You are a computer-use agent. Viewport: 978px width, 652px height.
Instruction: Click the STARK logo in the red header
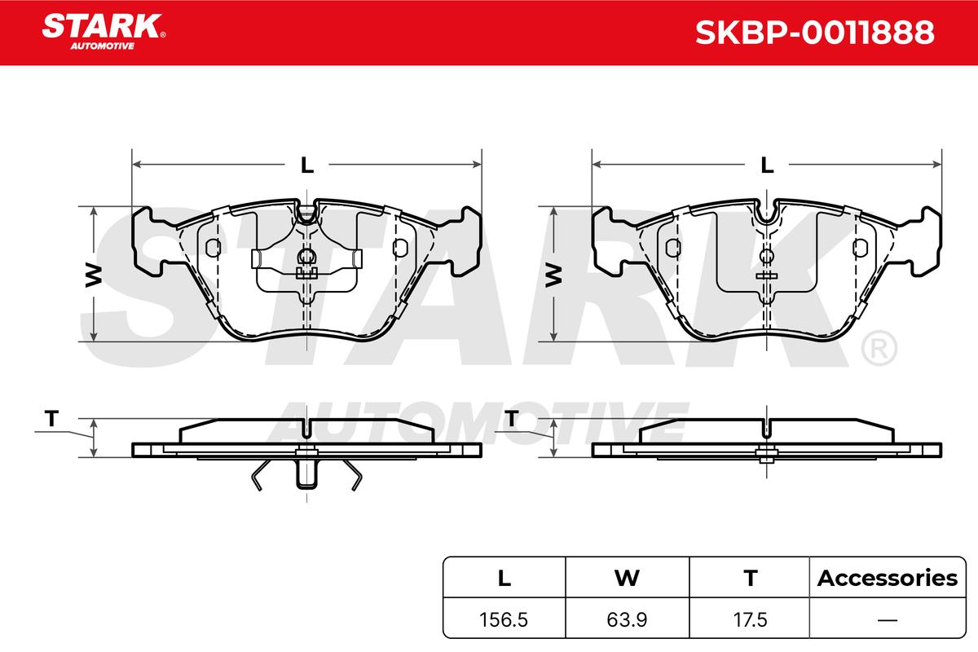pos(103,32)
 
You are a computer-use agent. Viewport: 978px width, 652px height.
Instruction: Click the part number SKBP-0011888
pos(815,33)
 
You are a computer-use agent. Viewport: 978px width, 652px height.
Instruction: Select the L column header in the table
pos(504,578)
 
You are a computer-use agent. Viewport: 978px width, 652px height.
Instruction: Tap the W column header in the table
pos(627,578)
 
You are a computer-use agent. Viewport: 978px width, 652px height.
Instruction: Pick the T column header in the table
pos(750,578)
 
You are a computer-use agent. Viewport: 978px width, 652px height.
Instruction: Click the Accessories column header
pos(888,578)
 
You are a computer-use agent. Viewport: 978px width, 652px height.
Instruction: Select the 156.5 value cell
pos(504,620)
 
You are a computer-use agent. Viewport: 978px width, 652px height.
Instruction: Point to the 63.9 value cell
pos(627,620)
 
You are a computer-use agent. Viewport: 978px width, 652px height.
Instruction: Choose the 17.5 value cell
pos(750,620)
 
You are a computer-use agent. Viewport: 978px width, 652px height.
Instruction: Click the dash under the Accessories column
pos(888,620)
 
